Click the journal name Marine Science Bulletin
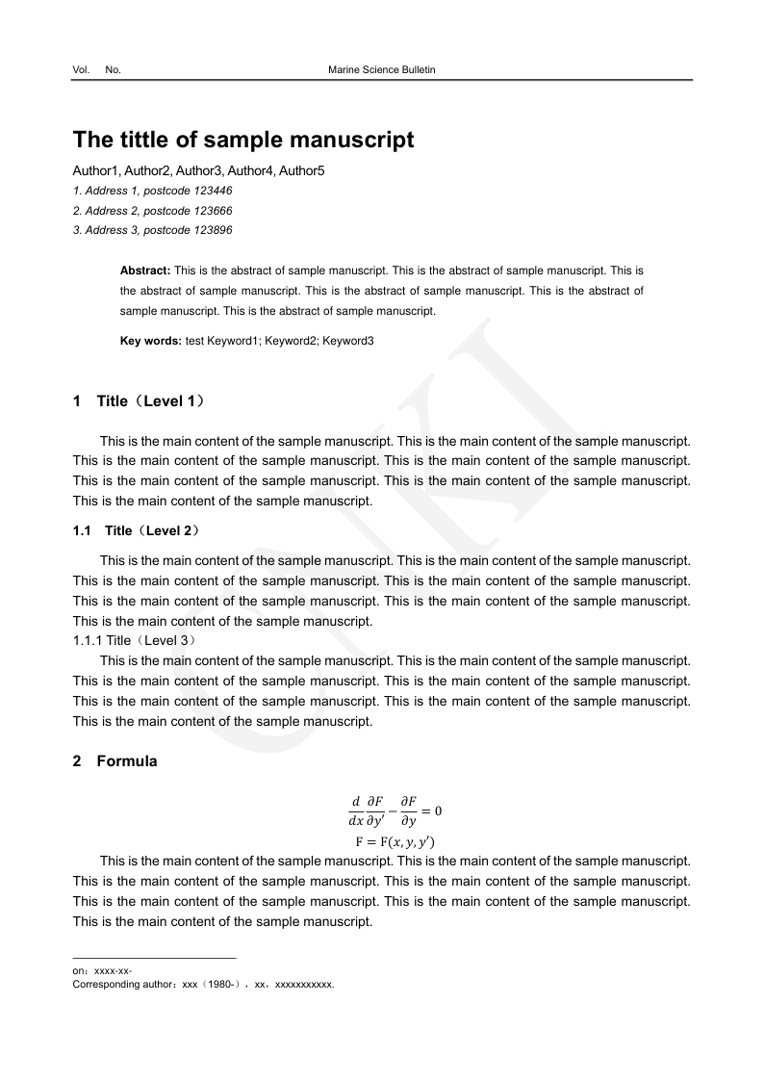point(382,70)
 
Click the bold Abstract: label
point(145,271)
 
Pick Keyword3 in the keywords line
point(348,341)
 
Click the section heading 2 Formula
point(115,761)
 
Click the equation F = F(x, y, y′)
point(395,843)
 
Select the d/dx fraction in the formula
point(355,811)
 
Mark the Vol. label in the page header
point(81,70)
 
